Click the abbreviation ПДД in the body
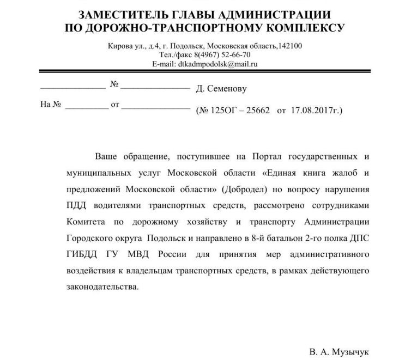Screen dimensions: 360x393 pyautogui.click(x=76, y=206)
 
